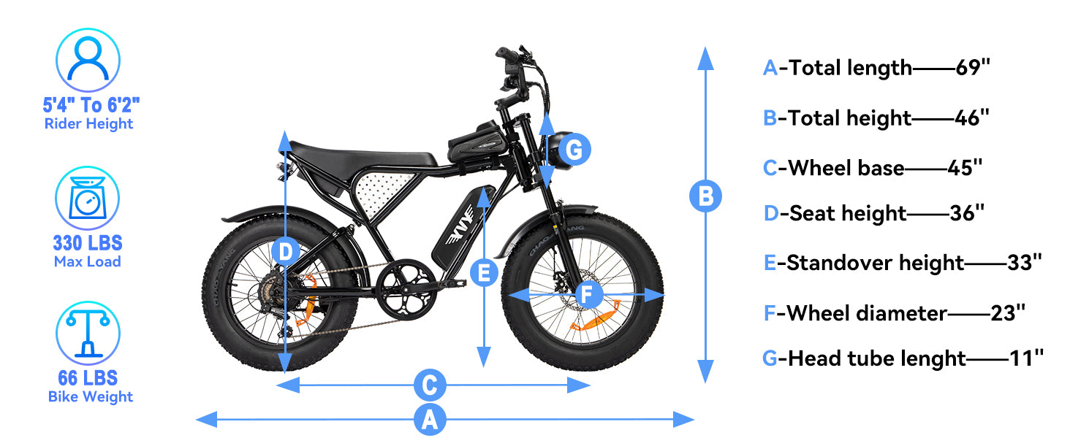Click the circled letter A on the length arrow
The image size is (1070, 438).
[x=430, y=420]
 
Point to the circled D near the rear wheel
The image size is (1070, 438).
[x=286, y=253]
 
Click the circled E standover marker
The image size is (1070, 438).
[x=483, y=273]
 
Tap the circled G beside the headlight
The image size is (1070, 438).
[x=574, y=150]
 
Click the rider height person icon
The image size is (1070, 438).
[x=88, y=60]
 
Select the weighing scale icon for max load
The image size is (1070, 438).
[x=88, y=199]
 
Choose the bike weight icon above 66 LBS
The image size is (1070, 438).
[x=88, y=333]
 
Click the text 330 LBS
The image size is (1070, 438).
[x=88, y=242]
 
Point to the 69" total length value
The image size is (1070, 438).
[x=973, y=68]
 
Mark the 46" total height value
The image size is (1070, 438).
[x=972, y=118]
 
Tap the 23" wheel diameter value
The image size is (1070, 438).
[x=1009, y=313]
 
